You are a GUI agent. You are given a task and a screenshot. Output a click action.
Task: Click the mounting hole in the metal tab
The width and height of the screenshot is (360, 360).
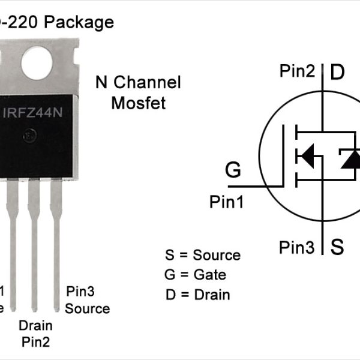click(37, 61)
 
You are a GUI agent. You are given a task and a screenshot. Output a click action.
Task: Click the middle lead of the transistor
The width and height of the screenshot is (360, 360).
click(34, 240)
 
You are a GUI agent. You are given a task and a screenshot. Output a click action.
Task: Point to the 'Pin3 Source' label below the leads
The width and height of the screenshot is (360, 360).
click(87, 301)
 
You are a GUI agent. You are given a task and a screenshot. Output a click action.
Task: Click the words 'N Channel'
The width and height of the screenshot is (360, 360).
click(138, 83)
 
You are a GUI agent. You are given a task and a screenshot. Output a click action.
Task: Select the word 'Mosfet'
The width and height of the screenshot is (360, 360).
click(138, 103)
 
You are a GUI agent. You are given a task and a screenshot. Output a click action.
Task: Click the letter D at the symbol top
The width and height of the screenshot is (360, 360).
click(338, 73)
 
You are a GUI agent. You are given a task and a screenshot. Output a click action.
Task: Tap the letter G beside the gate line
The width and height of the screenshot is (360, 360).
click(233, 170)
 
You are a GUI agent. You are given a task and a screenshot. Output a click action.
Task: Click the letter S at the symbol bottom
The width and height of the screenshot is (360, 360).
click(338, 247)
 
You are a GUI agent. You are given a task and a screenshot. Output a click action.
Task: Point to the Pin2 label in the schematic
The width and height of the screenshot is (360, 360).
click(297, 71)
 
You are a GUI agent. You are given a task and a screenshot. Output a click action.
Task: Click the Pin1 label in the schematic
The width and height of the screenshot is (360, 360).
click(226, 202)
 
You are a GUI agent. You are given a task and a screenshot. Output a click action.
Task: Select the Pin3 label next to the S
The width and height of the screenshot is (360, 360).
click(296, 247)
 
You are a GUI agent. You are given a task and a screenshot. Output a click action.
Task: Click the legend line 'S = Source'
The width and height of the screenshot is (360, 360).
click(202, 255)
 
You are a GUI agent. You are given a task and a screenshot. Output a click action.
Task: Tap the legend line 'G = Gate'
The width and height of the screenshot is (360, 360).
click(195, 275)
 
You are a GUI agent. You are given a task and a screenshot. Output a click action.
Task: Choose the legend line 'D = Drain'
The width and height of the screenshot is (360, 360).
click(197, 295)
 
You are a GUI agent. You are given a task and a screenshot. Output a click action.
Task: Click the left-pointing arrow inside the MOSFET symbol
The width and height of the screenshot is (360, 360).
click(307, 157)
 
